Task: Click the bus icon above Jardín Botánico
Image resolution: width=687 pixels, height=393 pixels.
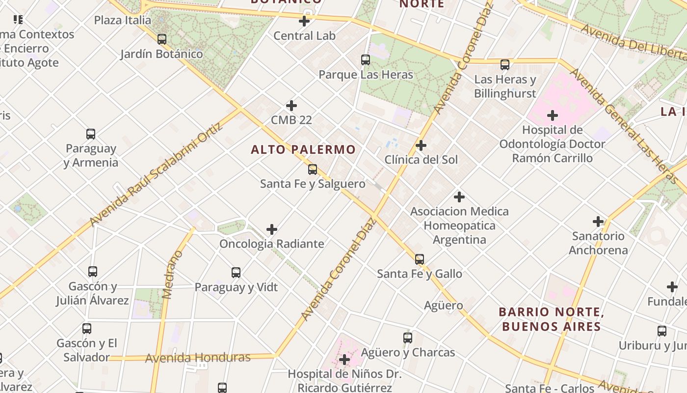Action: [x=162, y=39]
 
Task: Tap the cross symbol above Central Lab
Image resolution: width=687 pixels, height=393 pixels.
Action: [x=304, y=21]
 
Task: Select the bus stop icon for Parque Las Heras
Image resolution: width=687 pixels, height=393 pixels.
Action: [x=366, y=60]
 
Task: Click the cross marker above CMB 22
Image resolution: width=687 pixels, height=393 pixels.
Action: [x=291, y=106]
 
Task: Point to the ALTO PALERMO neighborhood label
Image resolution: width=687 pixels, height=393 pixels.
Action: [x=303, y=149]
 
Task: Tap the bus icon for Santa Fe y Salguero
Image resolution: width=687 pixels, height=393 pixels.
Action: [x=313, y=169]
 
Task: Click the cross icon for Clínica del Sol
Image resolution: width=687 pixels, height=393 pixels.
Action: [x=421, y=145]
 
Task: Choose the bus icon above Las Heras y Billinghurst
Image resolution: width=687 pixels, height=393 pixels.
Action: [x=505, y=64]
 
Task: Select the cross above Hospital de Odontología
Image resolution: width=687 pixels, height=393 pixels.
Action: [x=553, y=115]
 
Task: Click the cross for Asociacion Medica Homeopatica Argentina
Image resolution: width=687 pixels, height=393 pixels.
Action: [x=459, y=197]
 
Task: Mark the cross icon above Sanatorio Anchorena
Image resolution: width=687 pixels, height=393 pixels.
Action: [x=598, y=222]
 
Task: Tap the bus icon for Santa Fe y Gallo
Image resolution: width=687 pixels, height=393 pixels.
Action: [x=420, y=259]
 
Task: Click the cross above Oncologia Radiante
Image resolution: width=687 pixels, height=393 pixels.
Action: [x=272, y=229]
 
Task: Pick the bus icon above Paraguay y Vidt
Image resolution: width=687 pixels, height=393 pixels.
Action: [x=236, y=273]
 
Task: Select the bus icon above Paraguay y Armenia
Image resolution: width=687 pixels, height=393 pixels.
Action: [x=91, y=134]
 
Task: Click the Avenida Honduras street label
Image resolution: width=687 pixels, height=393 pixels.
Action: [x=197, y=358]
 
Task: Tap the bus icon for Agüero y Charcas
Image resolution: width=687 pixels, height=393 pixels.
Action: [x=408, y=338]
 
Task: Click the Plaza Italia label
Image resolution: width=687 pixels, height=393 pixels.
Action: [x=123, y=20]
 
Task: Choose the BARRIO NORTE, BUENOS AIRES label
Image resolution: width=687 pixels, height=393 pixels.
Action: [x=550, y=319]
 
